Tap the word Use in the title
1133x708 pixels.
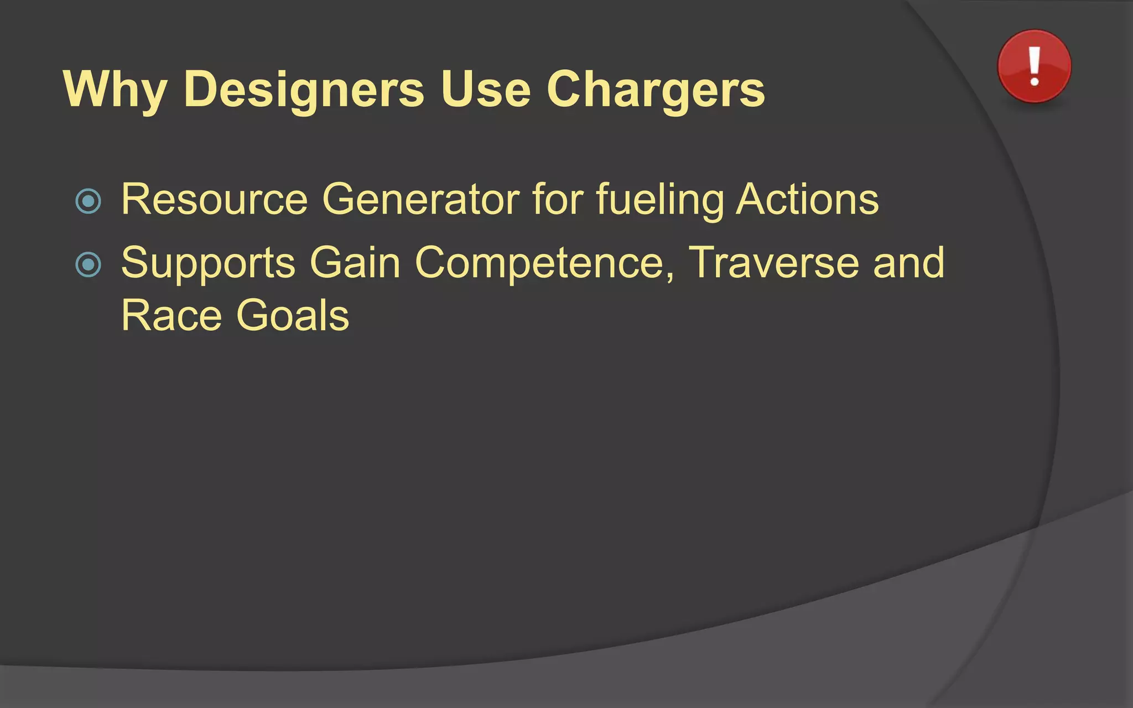485,90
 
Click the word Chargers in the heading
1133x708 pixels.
656,90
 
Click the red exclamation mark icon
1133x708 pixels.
1034,67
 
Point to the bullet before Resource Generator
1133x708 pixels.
89,201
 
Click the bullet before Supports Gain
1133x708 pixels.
89,265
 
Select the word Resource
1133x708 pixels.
214,199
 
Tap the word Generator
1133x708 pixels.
420,199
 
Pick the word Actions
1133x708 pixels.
807,199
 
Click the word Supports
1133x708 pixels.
208,263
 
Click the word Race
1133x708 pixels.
171,315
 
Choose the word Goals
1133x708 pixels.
293,315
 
